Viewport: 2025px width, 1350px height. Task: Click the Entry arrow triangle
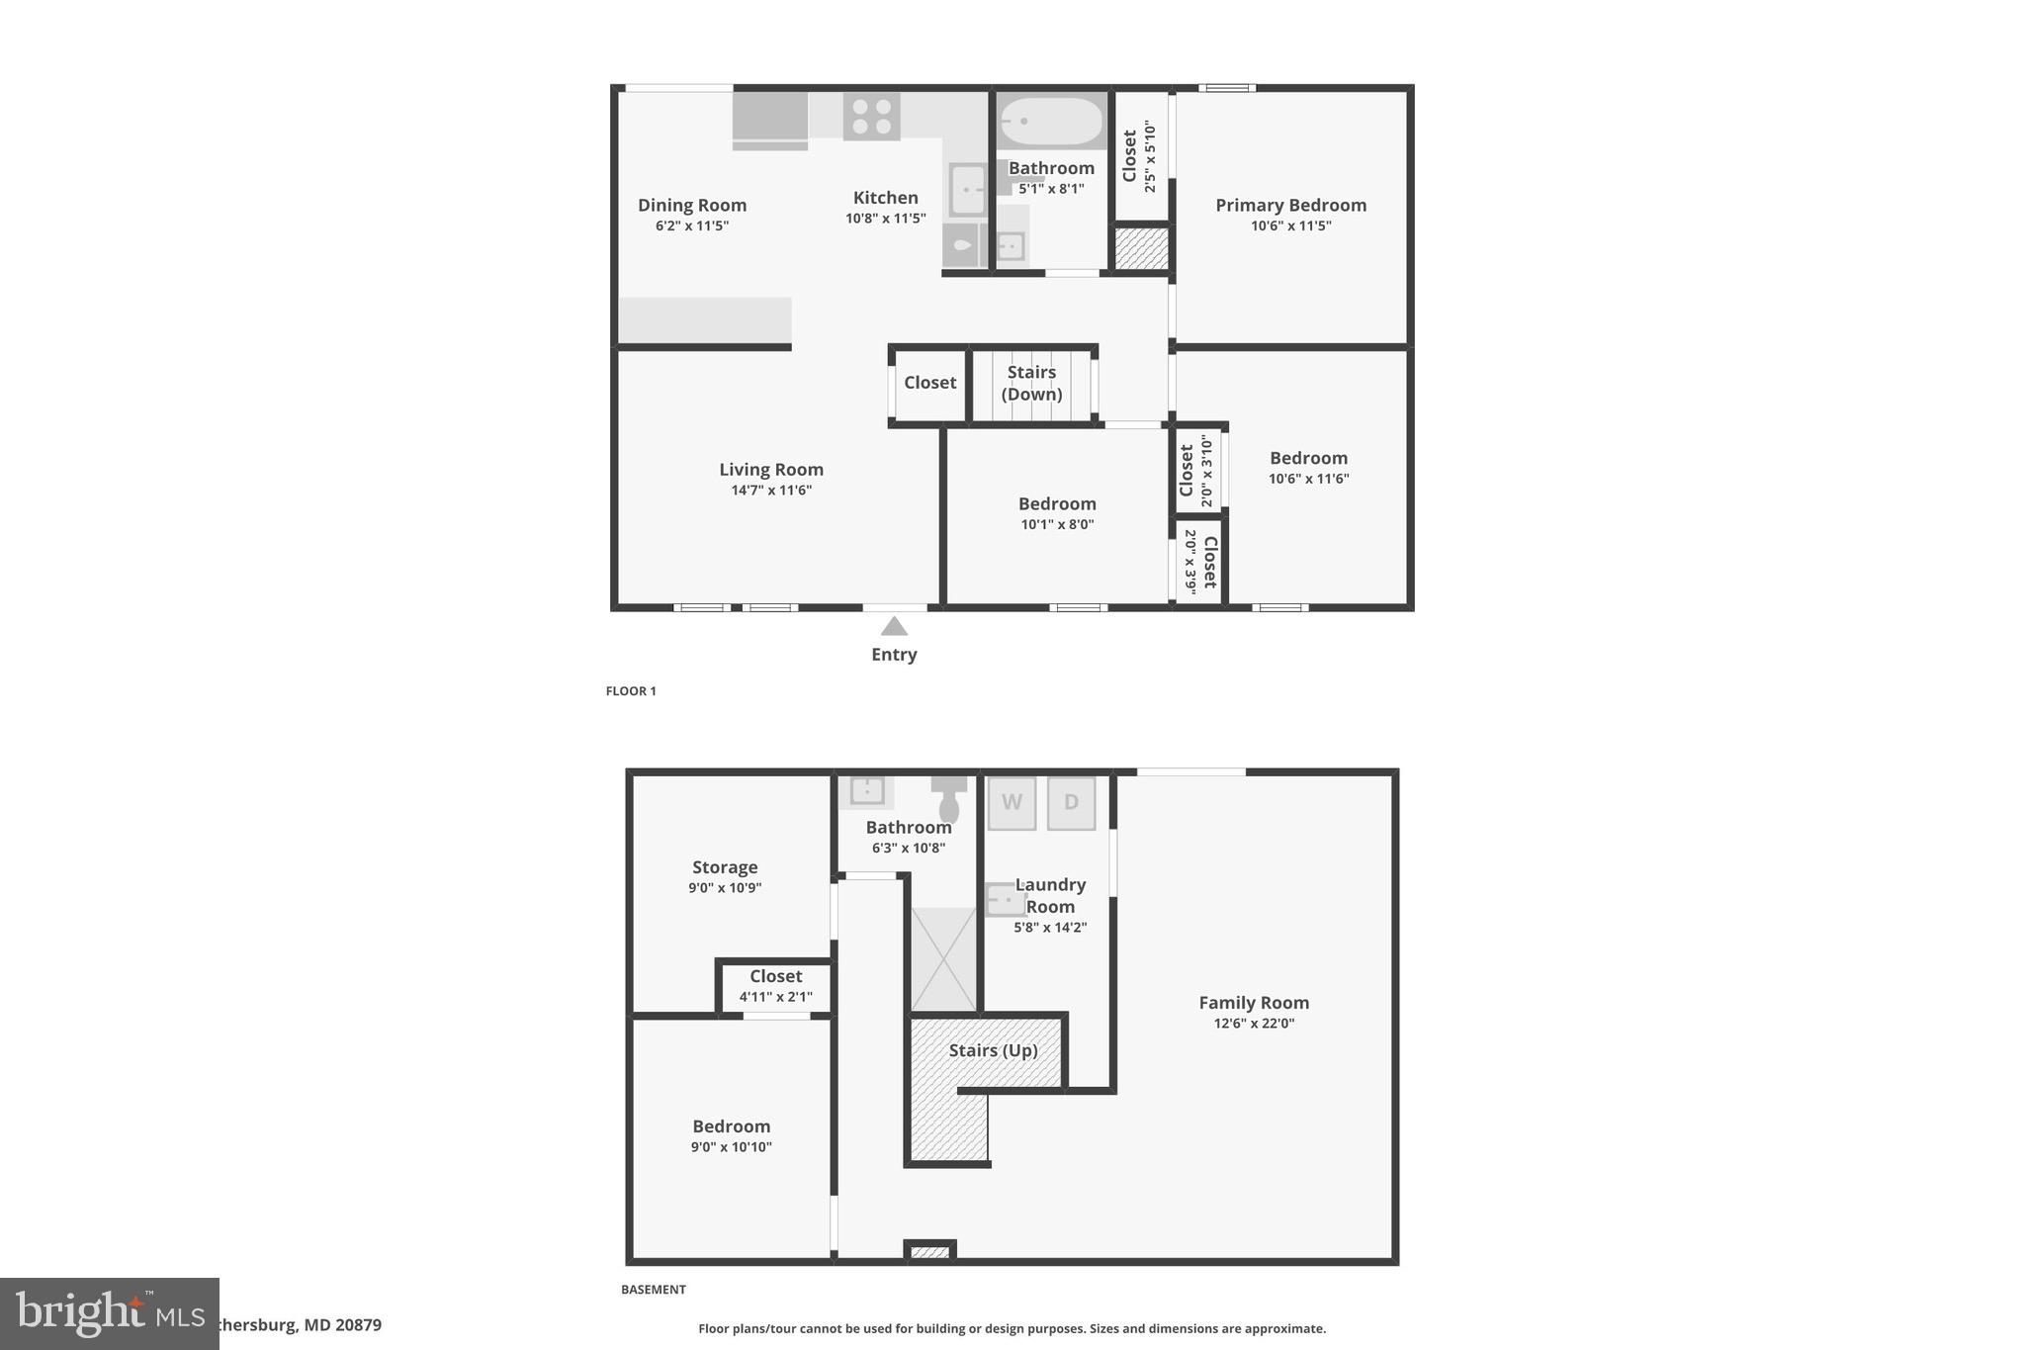(x=894, y=626)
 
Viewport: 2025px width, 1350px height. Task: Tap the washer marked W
(x=1012, y=802)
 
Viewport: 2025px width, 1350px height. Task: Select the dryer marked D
(x=1071, y=802)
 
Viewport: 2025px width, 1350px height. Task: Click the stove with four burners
(x=871, y=116)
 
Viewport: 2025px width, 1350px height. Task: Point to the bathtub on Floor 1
(x=1050, y=123)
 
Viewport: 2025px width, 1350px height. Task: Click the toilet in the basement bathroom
(x=949, y=797)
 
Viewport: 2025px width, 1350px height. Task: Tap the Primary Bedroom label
(x=1290, y=205)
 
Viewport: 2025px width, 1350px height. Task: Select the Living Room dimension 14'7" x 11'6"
(x=771, y=491)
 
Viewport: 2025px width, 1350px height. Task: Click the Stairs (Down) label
(x=1031, y=383)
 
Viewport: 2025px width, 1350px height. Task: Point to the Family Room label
(x=1254, y=1002)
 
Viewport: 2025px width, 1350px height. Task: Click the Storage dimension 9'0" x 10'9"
(x=725, y=888)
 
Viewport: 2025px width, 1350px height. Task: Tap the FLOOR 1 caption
(x=631, y=691)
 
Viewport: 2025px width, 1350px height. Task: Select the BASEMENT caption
(x=653, y=1290)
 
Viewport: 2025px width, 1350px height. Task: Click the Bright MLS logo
(x=109, y=1313)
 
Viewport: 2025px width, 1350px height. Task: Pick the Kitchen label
(x=885, y=198)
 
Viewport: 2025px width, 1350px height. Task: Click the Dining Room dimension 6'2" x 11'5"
(x=691, y=225)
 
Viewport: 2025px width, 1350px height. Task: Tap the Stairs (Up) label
(x=993, y=1050)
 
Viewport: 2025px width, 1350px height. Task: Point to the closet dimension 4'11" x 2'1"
(x=775, y=997)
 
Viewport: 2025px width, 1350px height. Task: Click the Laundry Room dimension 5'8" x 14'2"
(x=1050, y=928)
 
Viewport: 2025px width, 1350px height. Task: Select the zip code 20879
(x=357, y=1324)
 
